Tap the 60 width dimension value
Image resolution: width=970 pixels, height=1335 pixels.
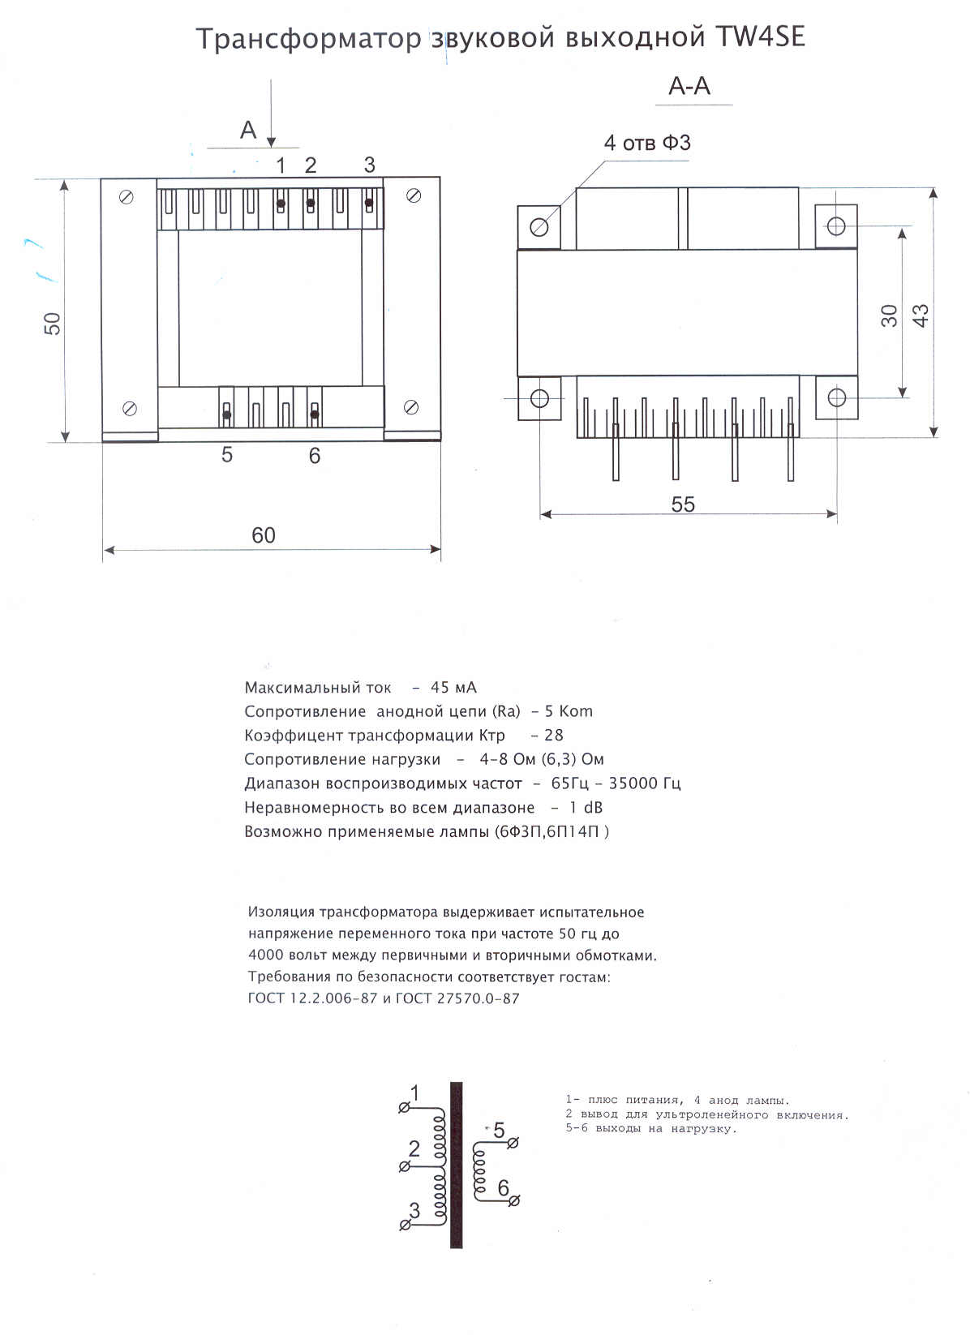click(264, 535)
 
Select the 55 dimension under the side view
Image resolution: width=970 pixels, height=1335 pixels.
click(683, 504)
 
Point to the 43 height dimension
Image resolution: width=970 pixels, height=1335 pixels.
click(921, 315)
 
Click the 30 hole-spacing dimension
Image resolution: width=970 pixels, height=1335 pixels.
click(890, 315)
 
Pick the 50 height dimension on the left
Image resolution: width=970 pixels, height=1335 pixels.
click(53, 324)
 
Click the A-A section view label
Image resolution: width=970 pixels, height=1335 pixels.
click(689, 86)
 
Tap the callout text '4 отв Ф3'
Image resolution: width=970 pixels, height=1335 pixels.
click(647, 143)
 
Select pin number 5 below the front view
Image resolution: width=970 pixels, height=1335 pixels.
click(227, 455)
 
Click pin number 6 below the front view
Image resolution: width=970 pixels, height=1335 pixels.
click(315, 457)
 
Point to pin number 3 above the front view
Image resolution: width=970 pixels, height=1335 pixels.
click(369, 165)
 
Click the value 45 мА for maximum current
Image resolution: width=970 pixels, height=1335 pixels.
click(453, 688)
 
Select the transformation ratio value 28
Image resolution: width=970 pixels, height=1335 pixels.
click(553, 736)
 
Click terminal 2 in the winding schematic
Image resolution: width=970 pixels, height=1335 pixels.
click(405, 1166)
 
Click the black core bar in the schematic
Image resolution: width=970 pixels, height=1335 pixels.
click(457, 1165)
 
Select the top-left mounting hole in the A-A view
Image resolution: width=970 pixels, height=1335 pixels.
click(539, 226)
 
